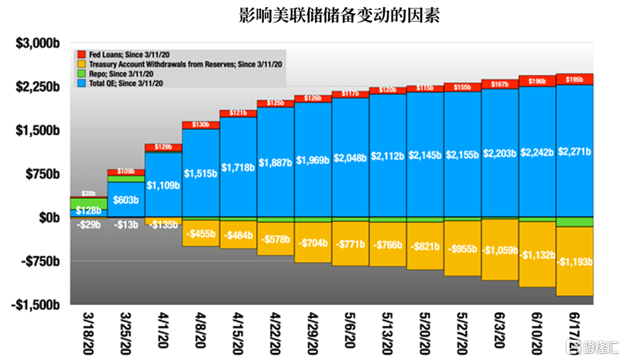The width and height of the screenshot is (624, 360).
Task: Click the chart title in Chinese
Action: pyautogui.click(x=339, y=15)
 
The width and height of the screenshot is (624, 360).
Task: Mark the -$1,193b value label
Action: pyautogui.click(x=574, y=262)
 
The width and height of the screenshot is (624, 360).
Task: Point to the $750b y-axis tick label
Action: pyautogui.click(x=43, y=174)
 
